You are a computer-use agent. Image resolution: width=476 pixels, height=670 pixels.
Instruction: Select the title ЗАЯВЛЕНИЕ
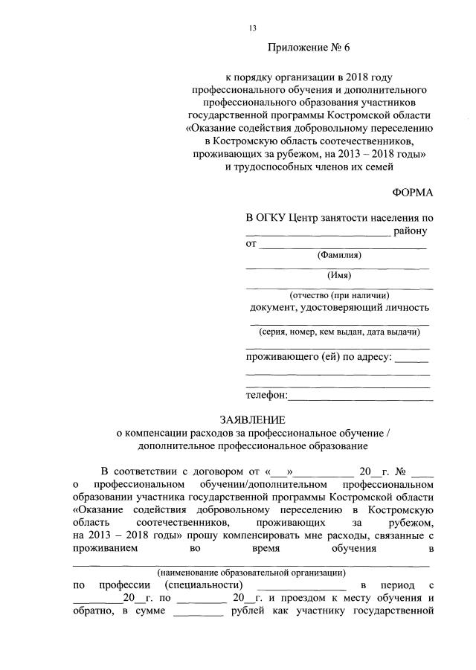pyautogui.click(x=252, y=420)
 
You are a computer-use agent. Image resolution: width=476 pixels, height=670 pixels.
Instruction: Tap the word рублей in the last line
pyautogui.click(x=247, y=612)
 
